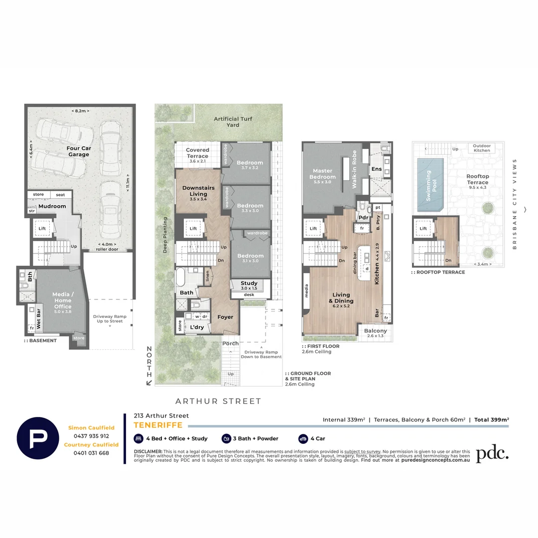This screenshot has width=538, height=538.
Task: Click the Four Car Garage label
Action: pos(79,151)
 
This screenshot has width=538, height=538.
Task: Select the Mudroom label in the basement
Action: pos(52,206)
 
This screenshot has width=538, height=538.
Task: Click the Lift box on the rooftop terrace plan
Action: pos(423,229)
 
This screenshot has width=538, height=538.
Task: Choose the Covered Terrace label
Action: pos(198,153)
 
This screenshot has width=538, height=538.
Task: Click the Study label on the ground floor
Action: pos(249,285)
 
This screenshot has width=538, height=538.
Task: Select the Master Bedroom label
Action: pos(322,174)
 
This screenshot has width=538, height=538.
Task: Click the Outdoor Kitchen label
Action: pos(482,147)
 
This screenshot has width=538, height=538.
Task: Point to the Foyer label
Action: pos(225,317)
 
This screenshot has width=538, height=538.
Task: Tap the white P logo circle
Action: pos(38,438)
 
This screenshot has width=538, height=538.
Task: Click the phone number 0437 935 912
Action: pos(91,436)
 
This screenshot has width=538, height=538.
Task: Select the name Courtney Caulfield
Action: pos(91,444)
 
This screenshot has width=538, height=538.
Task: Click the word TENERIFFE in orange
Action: pos(158,425)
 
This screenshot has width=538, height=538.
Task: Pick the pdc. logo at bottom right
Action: pos(492,453)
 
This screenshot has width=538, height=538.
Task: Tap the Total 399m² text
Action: pos(491,419)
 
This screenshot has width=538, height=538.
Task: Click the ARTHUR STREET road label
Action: pos(218,401)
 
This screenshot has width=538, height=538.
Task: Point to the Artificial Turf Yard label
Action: pos(233,122)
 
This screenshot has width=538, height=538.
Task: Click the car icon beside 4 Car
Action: pos(303,438)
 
